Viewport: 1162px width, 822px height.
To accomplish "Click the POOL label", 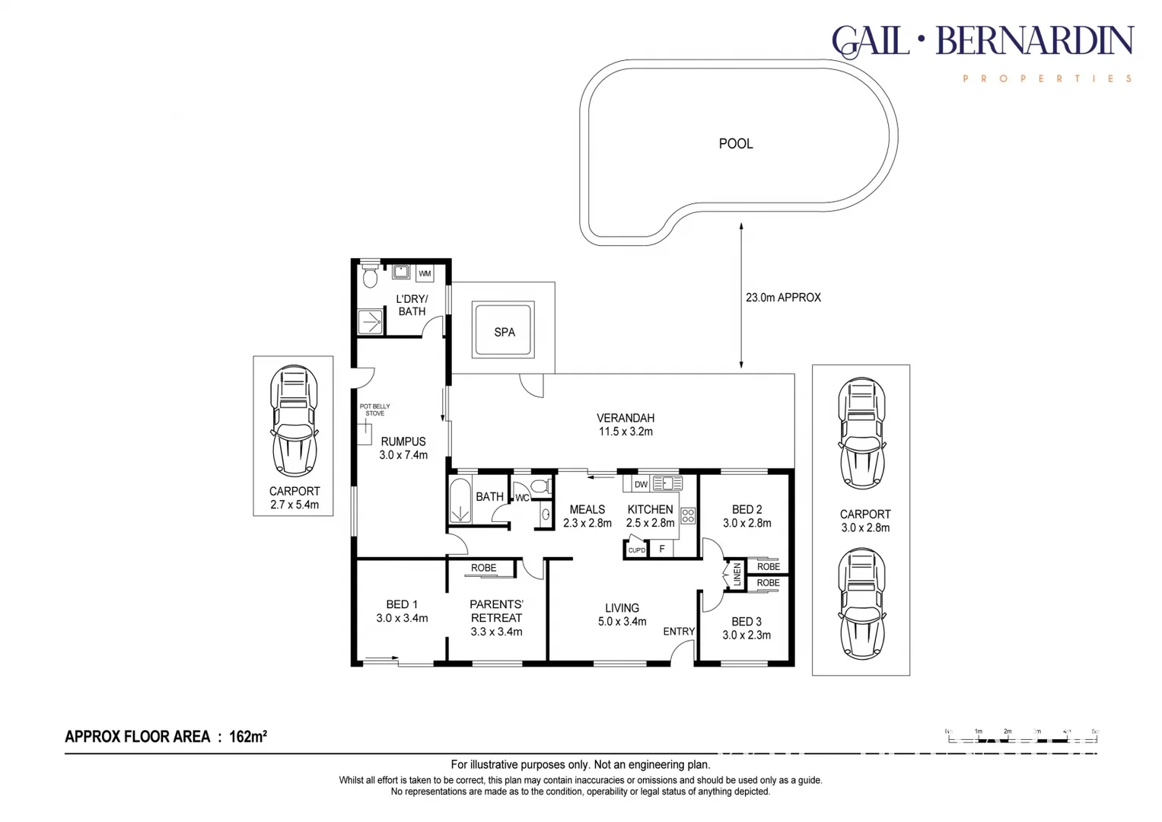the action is tap(735, 144).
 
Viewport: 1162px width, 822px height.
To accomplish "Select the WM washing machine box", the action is tap(425, 273).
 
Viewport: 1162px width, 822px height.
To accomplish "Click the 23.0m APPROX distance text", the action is tap(783, 298).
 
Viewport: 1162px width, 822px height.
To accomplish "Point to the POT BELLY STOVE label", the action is tap(374, 409).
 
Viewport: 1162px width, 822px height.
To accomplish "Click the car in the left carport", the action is tap(294, 420).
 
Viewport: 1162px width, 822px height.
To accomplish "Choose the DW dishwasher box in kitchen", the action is tap(641, 484).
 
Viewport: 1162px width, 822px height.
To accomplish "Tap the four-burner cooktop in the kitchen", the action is tap(688, 516).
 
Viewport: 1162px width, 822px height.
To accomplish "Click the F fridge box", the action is tap(662, 549).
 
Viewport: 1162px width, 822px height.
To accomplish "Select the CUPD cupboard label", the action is tap(636, 550).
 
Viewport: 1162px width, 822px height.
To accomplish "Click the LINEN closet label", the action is tap(737, 574).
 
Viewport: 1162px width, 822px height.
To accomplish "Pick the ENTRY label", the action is tap(678, 631).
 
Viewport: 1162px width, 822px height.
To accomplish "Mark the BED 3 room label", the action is tap(747, 622).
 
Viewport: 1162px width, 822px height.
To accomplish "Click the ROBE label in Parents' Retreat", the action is tap(483, 568).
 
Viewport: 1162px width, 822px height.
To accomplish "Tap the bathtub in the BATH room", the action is tap(460, 501).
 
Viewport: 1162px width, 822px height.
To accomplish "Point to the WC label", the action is tap(522, 498).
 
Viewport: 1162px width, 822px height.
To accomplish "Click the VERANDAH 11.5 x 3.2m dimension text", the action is tap(626, 432).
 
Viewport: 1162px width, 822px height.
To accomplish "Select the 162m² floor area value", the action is tap(248, 736).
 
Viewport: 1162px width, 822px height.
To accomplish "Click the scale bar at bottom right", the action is tap(1022, 736).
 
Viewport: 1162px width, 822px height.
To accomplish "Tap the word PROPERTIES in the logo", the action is tap(1048, 78).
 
